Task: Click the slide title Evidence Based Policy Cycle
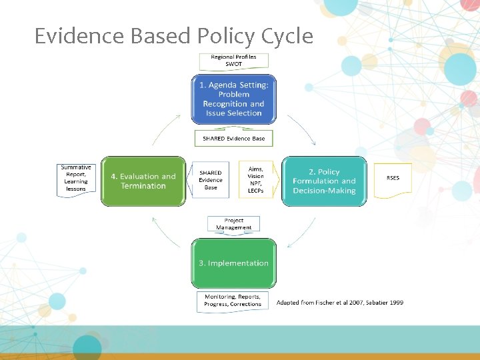(173, 36)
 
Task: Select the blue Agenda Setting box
(233, 99)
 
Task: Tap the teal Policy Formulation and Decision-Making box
(324, 181)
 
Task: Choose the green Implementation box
(233, 263)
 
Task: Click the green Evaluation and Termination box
(143, 181)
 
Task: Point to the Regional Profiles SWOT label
(233, 61)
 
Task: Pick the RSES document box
(393, 179)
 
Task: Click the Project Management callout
(233, 224)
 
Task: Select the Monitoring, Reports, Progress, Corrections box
(233, 301)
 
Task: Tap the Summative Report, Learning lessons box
(75, 179)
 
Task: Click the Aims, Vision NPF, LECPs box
(255, 180)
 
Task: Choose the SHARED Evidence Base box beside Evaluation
(211, 180)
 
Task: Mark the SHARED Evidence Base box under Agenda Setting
(233, 139)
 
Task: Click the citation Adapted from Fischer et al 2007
(340, 303)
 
